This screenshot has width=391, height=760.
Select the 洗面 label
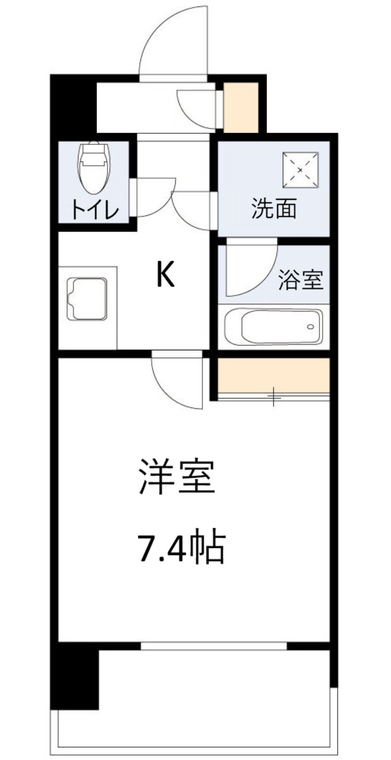tap(274, 209)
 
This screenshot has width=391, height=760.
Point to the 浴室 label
tap(301, 280)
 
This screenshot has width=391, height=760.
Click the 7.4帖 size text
tap(181, 548)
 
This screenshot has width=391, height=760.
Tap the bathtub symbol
tap(273, 327)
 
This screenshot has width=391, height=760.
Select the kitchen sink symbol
tap(88, 299)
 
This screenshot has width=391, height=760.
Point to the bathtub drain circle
tap(310, 327)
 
